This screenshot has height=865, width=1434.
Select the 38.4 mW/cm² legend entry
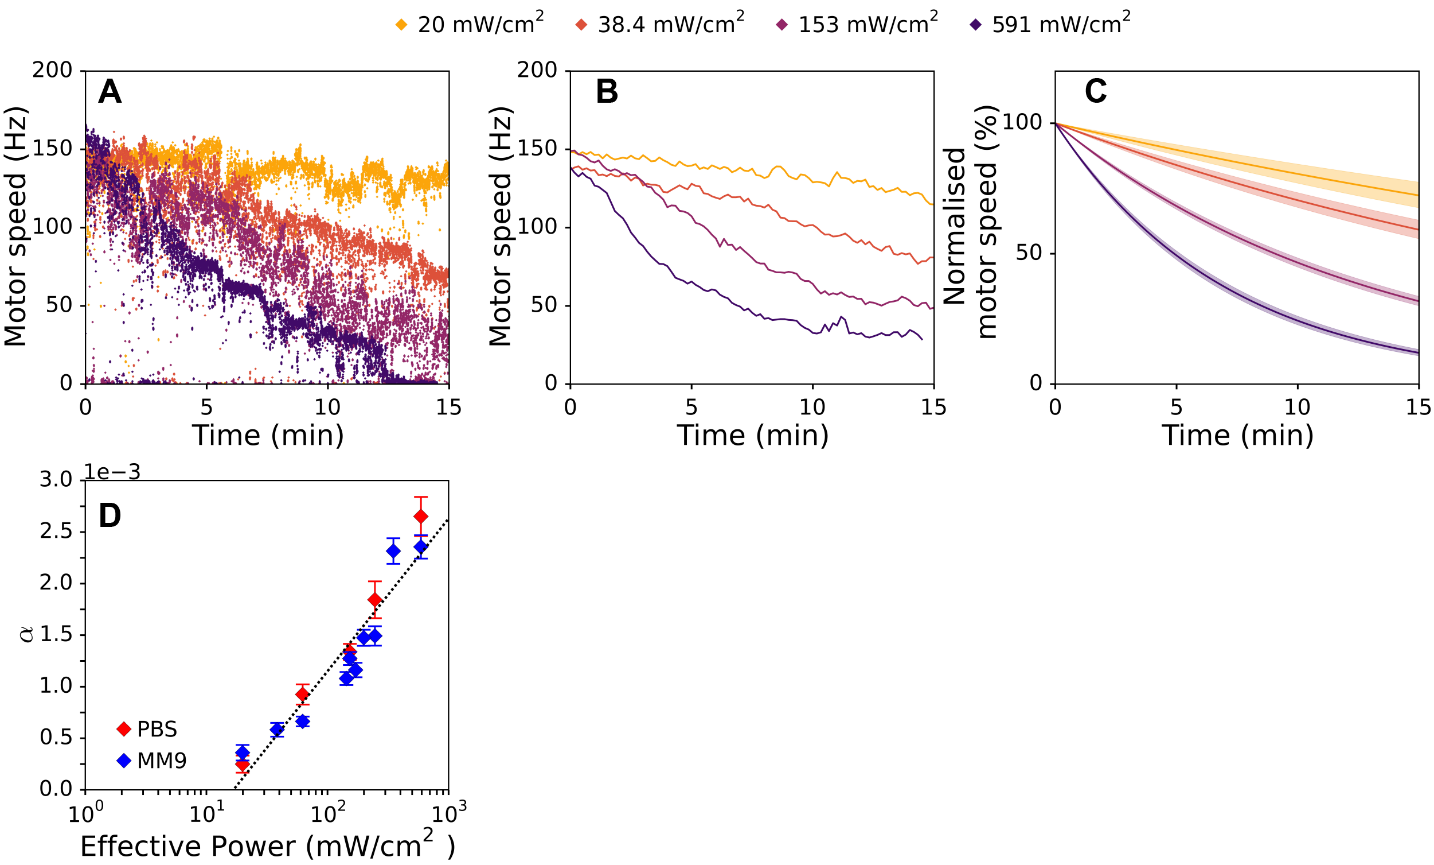[659, 25]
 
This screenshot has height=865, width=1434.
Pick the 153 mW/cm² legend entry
[857, 25]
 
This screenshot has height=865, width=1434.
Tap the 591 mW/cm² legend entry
[1050, 25]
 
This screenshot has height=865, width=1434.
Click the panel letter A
[110, 92]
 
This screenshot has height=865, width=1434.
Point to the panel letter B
[607, 92]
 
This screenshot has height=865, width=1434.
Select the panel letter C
[1095, 92]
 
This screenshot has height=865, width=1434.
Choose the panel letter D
[110, 516]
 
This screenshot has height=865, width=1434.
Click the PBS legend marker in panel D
[124, 730]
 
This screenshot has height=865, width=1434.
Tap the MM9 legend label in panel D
[162, 761]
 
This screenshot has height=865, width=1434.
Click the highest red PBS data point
[421, 517]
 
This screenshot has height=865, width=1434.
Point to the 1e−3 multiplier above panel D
[112, 472]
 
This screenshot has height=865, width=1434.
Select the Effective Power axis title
[267, 846]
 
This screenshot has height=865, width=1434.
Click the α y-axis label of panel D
[26, 634]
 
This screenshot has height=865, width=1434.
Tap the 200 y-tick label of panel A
[52, 71]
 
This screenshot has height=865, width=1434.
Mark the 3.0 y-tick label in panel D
[56, 480]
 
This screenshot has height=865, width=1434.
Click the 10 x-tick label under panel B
[812, 408]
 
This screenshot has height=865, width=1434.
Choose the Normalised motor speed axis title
[969, 224]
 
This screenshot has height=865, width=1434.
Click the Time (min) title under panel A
[268, 436]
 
